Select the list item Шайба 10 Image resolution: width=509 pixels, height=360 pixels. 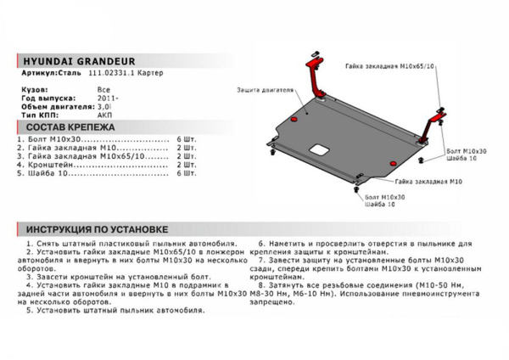click(x=46, y=173)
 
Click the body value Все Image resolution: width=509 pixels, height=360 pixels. click(x=103, y=89)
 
